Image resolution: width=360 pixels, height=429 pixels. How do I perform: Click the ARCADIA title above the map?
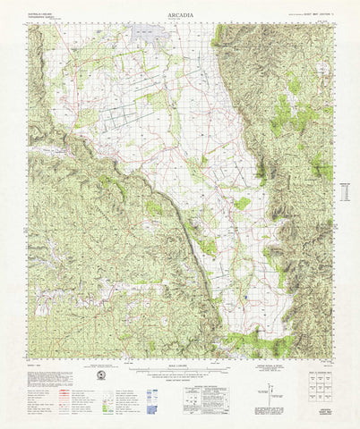click(x=179, y=16)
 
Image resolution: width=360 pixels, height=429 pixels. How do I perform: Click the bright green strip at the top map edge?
click(x=218, y=34)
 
